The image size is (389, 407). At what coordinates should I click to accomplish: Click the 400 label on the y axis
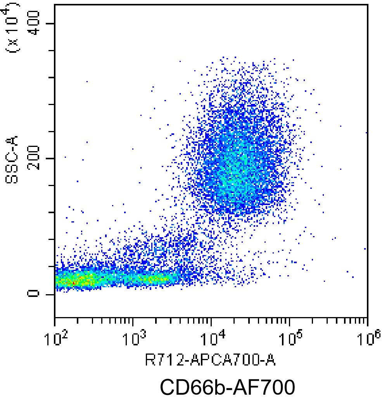coord(33,23)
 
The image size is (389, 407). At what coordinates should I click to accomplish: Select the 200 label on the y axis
coord(33,158)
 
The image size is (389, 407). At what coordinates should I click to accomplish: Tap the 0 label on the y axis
coord(33,294)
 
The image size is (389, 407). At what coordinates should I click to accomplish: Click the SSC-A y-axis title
coord(12,159)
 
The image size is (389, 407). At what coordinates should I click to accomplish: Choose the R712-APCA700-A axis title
coord(210,360)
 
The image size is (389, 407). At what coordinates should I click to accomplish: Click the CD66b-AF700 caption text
coord(228,387)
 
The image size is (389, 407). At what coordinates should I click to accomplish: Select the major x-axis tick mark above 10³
coord(133,322)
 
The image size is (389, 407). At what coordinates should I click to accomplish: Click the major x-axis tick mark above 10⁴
coord(211,322)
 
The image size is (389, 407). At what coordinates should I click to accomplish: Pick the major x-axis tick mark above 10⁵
coord(290,322)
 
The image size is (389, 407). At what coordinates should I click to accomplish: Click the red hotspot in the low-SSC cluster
coord(74,282)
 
